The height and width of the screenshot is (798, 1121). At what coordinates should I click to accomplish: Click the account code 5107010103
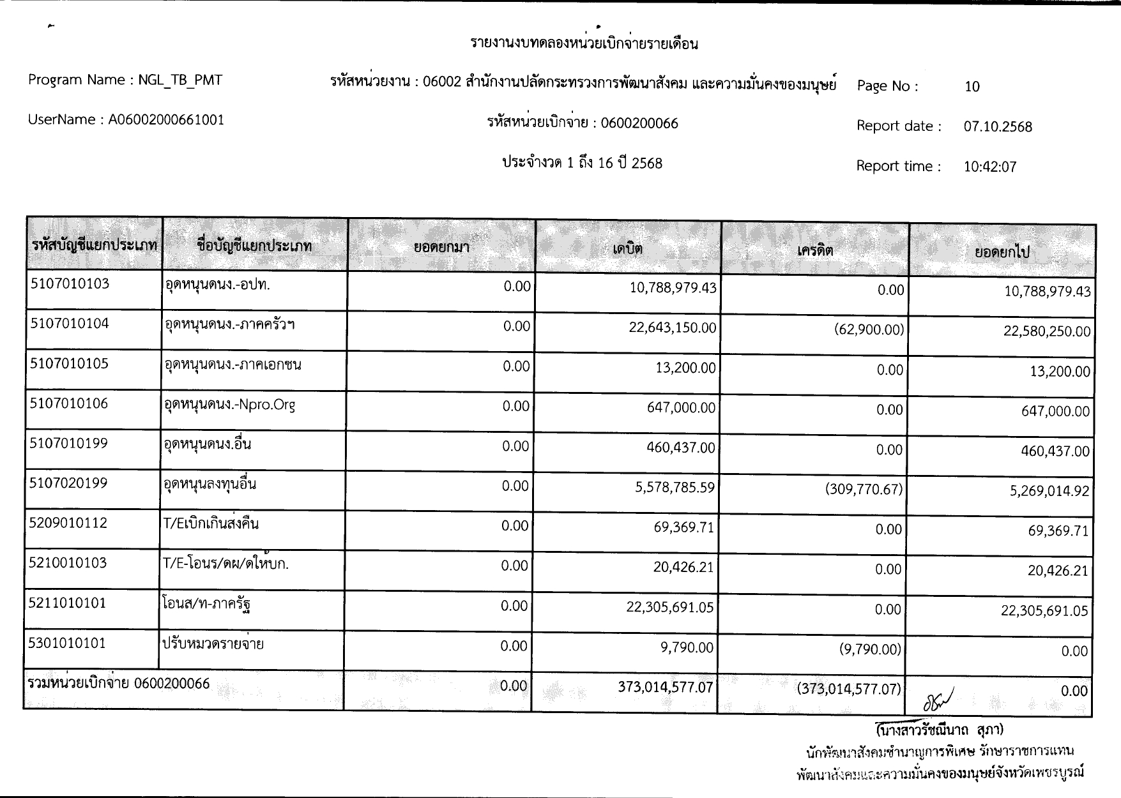70,284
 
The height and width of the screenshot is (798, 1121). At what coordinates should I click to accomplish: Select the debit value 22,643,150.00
673,328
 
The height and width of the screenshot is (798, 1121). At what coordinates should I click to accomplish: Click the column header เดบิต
627,249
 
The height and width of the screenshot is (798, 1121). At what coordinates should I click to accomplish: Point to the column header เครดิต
815,250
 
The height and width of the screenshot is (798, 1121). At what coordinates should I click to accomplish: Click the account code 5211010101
68,603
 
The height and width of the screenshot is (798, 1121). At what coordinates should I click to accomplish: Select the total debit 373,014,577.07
665,688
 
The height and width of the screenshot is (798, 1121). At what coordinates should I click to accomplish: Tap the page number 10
972,87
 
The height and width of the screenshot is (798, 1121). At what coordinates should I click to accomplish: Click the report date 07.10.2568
998,127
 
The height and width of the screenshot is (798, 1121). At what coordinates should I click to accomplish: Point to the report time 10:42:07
989,167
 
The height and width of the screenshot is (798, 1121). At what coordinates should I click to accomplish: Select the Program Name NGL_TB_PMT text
125,80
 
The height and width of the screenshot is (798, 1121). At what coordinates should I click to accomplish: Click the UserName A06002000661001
126,120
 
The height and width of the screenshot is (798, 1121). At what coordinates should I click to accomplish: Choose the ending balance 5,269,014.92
1049,492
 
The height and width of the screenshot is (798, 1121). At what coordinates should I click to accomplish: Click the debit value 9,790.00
687,648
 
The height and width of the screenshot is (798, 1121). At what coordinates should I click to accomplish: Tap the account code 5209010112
68,523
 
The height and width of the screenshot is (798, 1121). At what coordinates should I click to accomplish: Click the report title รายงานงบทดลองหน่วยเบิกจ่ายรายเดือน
584,44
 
